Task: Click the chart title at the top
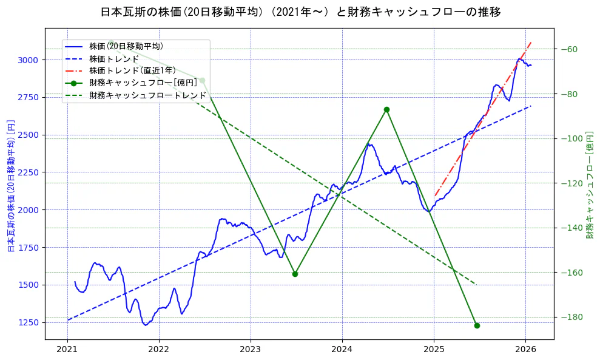300,12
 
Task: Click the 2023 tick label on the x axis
251,349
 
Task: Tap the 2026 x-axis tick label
525,349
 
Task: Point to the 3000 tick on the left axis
28,59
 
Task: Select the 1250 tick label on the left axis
28,322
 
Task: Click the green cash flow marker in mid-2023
295,274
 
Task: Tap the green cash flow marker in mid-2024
386,109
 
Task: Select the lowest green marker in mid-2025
477,325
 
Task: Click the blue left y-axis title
10,185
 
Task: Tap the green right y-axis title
590,185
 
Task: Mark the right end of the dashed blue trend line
531,106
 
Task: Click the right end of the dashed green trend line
476,284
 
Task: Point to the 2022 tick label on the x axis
159,349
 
